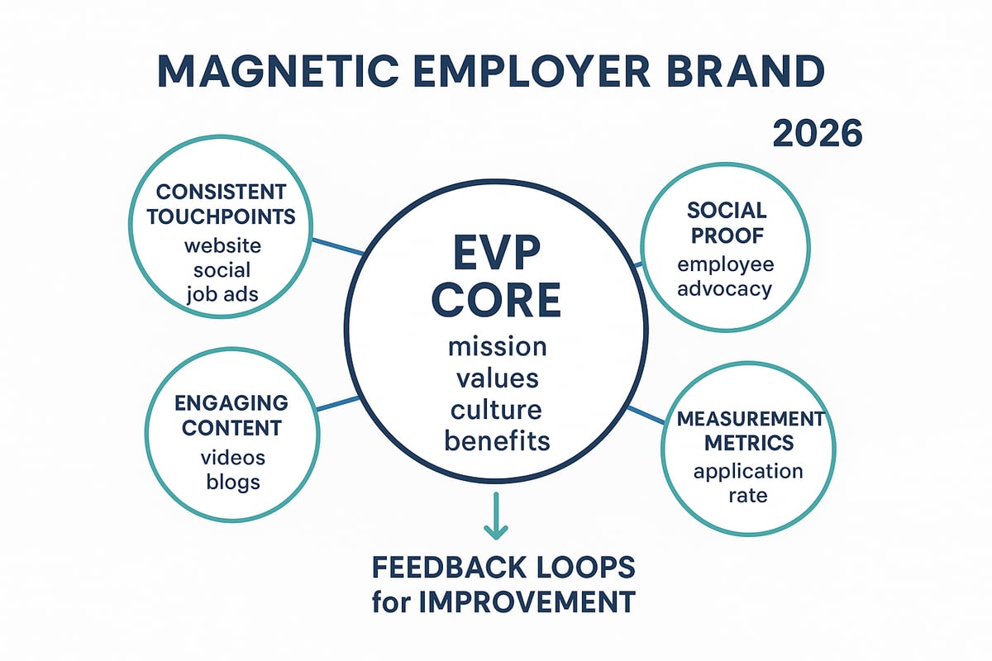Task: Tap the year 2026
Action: (x=817, y=134)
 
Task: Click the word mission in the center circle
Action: (x=496, y=345)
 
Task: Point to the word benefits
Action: (x=497, y=440)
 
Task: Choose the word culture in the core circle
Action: (x=497, y=409)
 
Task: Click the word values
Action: (x=497, y=378)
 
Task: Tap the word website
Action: (x=222, y=245)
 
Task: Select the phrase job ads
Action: (x=222, y=294)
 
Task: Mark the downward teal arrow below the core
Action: (x=496, y=516)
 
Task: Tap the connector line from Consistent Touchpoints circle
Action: (x=338, y=246)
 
